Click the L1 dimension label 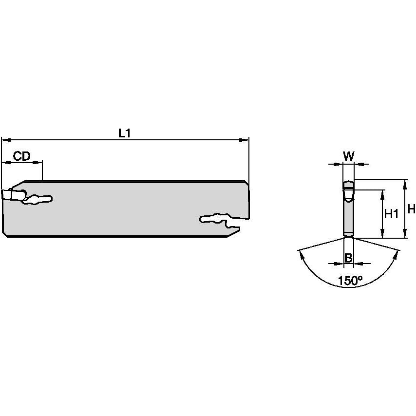tap(125, 132)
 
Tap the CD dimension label tap(21, 156)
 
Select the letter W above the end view tap(348, 156)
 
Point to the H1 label tap(392, 213)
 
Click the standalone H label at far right tap(411, 209)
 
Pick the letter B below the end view tap(348, 258)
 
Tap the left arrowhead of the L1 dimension tap(5, 140)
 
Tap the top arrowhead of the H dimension tap(405, 183)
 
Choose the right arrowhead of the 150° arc tap(398, 253)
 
